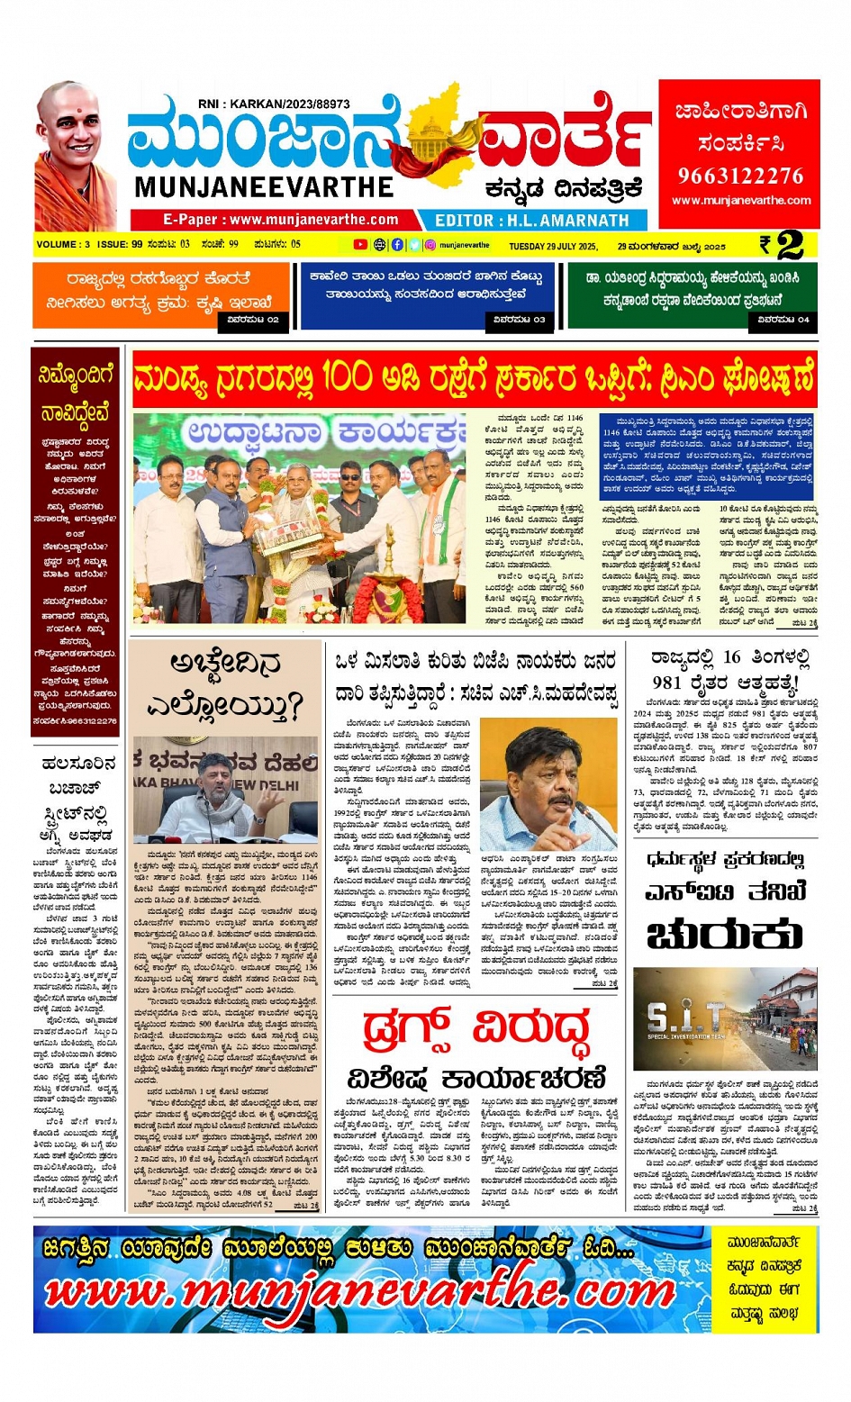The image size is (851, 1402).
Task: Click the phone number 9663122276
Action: pyautogui.click(x=739, y=176)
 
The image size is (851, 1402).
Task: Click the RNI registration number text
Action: pyautogui.click(x=274, y=104)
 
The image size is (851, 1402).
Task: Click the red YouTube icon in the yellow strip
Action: pyautogui.click(x=360, y=245)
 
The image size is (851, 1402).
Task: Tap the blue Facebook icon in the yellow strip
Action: pyautogui.click(x=397, y=245)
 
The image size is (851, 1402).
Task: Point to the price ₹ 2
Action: pyautogui.click(x=781, y=245)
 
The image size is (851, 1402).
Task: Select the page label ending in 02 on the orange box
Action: pyautogui.click(x=253, y=320)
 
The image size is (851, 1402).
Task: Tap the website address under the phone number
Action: pyautogui.click(x=740, y=201)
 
